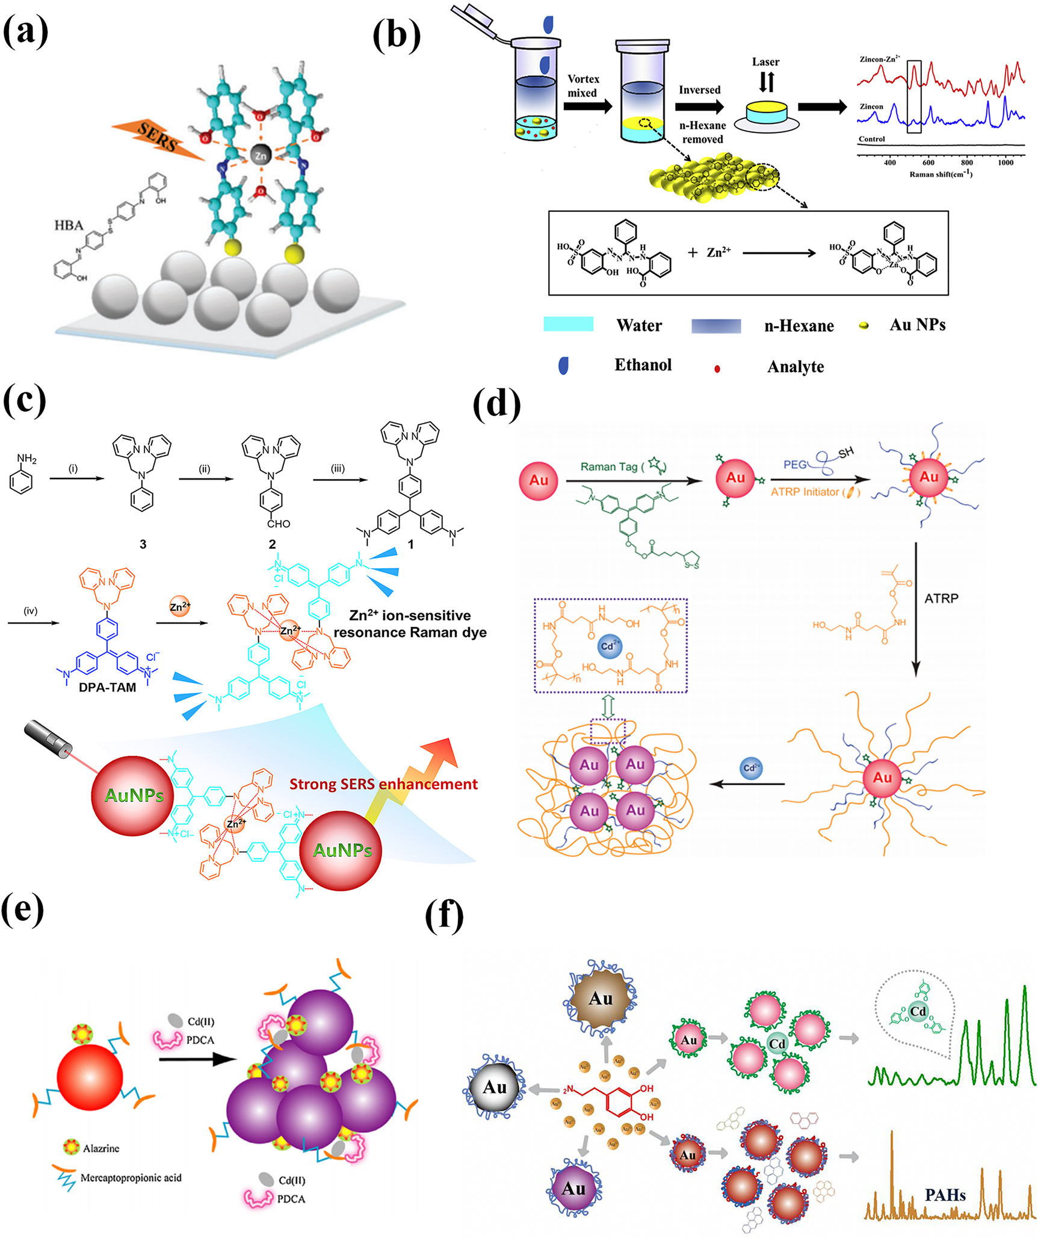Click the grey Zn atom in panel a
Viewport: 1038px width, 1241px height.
[261, 155]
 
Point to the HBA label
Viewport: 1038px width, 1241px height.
[69, 225]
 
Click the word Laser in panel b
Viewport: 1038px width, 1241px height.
[765, 62]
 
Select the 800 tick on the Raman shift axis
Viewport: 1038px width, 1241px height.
[966, 162]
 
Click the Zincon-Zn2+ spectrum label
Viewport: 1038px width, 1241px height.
[879, 60]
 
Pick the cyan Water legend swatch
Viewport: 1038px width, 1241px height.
[568, 324]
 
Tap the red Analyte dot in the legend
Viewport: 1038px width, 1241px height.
[717, 368]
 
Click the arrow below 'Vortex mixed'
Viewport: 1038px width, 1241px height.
[587, 107]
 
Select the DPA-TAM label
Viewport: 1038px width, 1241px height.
[107, 687]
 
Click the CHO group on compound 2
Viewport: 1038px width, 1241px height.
[279, 524]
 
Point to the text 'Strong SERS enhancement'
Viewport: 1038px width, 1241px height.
[383, 784]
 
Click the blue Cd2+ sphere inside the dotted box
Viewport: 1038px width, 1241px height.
[610, 646]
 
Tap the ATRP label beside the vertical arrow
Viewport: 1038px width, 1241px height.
[941, 599]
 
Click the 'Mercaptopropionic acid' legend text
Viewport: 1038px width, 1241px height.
[131, 1178]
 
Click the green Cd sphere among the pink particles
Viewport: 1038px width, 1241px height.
[777, 1043]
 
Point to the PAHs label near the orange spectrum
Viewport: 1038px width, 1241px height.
[945, 1195]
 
